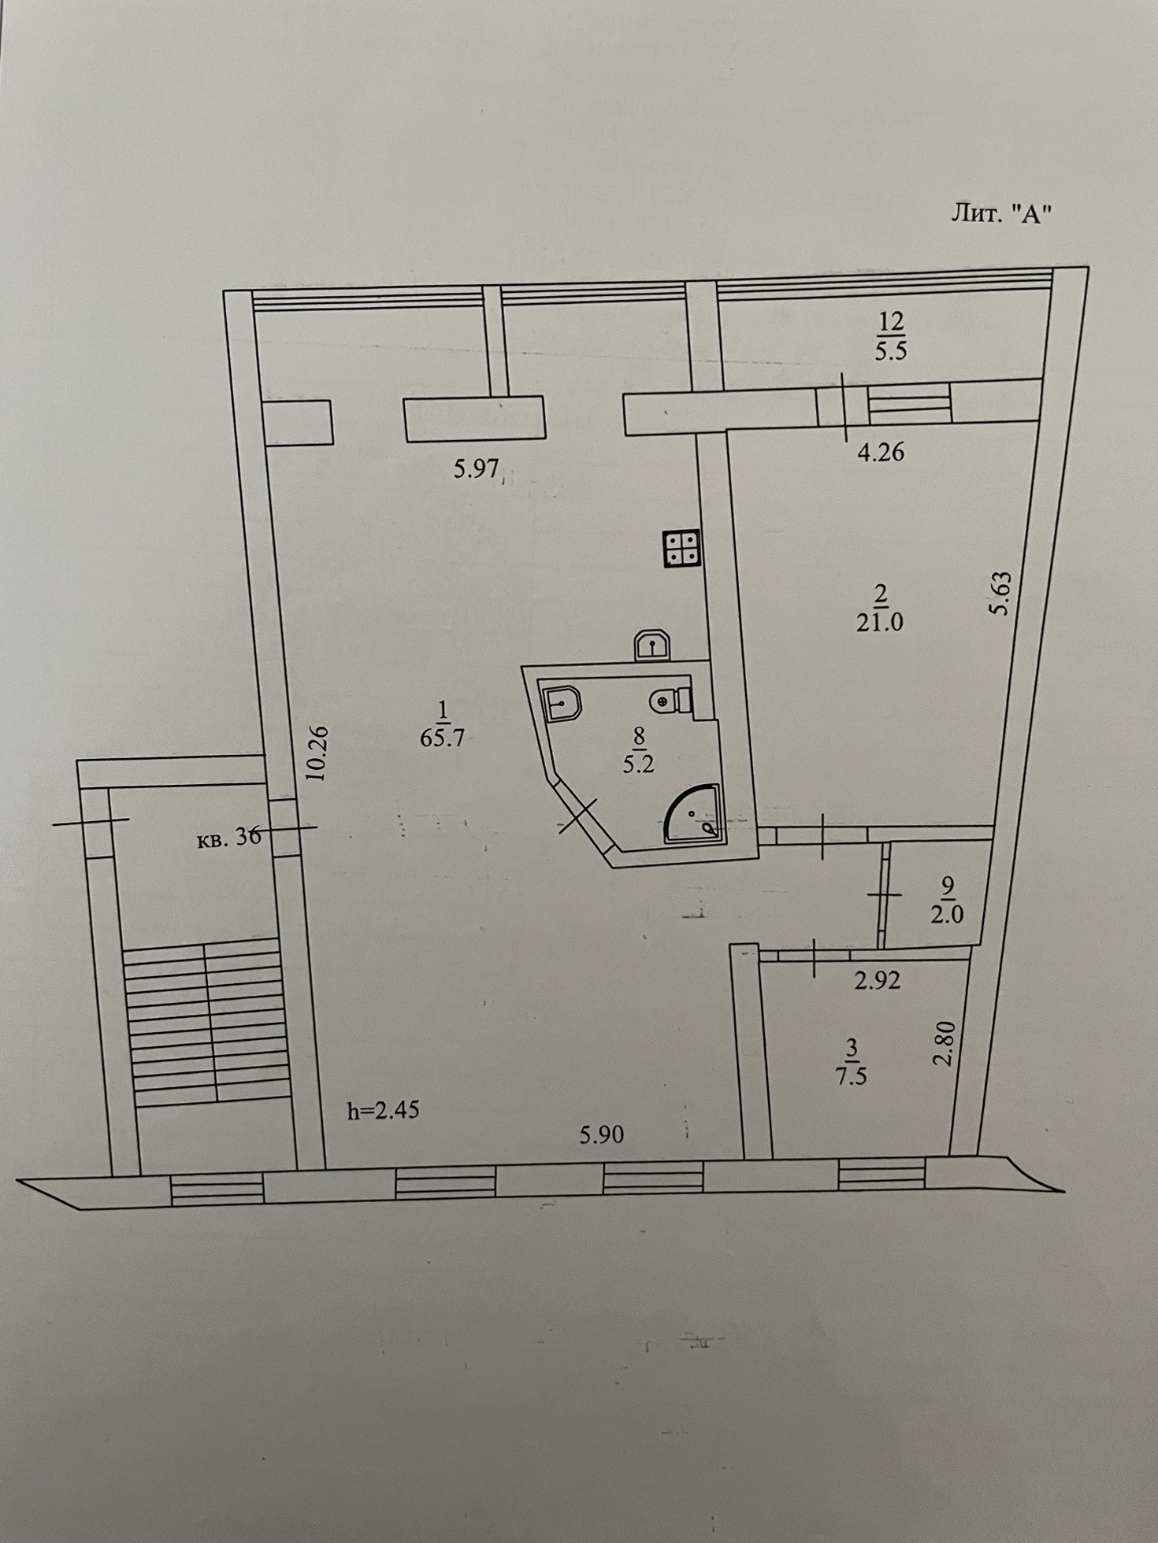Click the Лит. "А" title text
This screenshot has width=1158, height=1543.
[1001, 213]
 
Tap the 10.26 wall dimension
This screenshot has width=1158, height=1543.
[317, 753]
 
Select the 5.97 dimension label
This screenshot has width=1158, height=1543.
[477, 469]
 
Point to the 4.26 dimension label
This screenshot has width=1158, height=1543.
[881, 453]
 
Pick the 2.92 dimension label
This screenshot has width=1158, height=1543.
[877, 981]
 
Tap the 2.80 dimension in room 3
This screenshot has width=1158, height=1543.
[944, 1043]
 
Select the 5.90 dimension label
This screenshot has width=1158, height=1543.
[602, 1134]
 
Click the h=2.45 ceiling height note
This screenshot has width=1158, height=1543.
[384, 1110]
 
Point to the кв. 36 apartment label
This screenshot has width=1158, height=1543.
[229, 838]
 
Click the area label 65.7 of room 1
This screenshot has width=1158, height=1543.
[443, 738]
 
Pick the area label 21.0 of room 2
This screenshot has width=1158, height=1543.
[880, 622]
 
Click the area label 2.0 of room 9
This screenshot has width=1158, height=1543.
[947, 916]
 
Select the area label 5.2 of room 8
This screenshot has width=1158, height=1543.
[638, 764]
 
